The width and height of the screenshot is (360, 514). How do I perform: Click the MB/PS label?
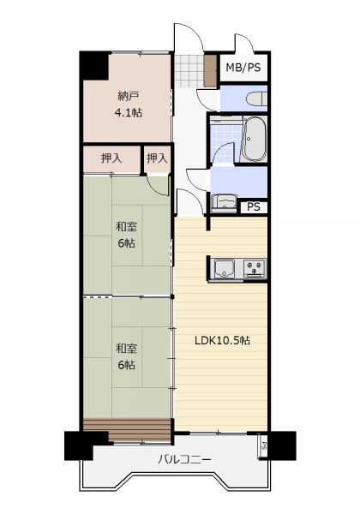pos(243,68)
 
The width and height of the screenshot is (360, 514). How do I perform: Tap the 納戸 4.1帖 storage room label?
pos(129,105)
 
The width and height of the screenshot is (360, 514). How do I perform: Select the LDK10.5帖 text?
pos(222,341)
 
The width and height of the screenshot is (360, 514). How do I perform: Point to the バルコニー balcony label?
pos(184,459)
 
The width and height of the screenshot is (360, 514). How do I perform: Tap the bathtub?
pos(254,139)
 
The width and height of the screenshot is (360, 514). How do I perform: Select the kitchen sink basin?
pos(225,268)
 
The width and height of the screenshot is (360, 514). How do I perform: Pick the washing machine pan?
pos(225,203)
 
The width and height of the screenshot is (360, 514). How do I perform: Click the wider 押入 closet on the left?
pos(111,159)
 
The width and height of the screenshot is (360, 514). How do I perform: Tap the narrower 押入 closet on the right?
pos(158,159)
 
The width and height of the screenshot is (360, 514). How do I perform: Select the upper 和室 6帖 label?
pos(127,235)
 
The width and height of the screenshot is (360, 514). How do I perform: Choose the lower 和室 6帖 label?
pos(127,356)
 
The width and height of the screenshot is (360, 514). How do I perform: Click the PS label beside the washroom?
pos(254,206)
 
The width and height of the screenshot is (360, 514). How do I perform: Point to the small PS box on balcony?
pos(263,445)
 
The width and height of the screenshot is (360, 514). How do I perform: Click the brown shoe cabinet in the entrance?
pos(210,70)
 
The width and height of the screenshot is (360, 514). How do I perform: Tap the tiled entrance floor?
pos(189,71)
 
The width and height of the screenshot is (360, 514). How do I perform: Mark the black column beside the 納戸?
pos(94,66)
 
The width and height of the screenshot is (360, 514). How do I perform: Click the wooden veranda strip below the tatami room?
pos(127,430)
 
